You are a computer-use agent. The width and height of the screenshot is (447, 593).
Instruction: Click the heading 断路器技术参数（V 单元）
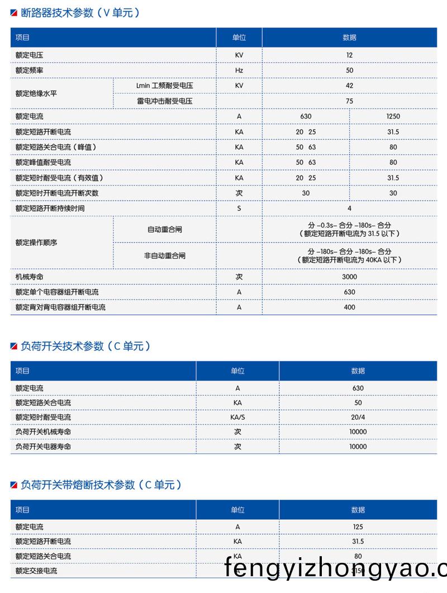[x=79, y=12]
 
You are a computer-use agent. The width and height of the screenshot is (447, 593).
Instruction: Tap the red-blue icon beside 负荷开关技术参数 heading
[x=14, y=347]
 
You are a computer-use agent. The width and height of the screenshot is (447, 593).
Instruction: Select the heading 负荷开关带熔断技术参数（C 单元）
[x=100, y=485]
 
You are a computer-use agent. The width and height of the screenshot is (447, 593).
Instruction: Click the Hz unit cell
[x=239, y=70]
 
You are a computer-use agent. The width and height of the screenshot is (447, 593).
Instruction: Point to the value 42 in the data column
[x=349, y=86]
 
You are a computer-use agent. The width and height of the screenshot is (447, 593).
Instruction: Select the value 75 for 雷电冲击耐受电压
[x=349, y=101]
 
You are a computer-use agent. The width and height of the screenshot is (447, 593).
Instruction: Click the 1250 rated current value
[x=393, y=116]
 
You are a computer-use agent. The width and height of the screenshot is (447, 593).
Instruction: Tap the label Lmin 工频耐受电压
[x=160, y=86]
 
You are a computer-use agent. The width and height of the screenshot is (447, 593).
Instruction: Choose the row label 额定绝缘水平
[x=36, y=93]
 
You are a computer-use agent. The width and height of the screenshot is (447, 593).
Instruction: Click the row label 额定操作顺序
[x=36, y=243]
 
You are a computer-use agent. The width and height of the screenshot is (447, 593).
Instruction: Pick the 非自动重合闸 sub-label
[x=165, y=255]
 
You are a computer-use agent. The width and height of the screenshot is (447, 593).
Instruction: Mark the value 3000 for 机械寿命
[x=349, y=277]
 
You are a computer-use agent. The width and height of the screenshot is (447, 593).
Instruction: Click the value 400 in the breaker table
[x=349, y=307]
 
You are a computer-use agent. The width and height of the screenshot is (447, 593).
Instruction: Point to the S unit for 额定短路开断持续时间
[x=239, y=208]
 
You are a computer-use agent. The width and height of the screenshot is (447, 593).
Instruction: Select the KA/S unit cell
[x=237, y=417]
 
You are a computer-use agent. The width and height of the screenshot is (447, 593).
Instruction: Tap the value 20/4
[x=358, y=417]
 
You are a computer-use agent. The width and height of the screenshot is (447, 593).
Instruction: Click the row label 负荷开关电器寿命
[x=44, y=447]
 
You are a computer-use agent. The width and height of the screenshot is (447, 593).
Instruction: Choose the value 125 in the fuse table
[x=358, y=526]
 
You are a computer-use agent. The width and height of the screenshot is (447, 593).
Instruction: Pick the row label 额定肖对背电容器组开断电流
[x=61, y=307]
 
